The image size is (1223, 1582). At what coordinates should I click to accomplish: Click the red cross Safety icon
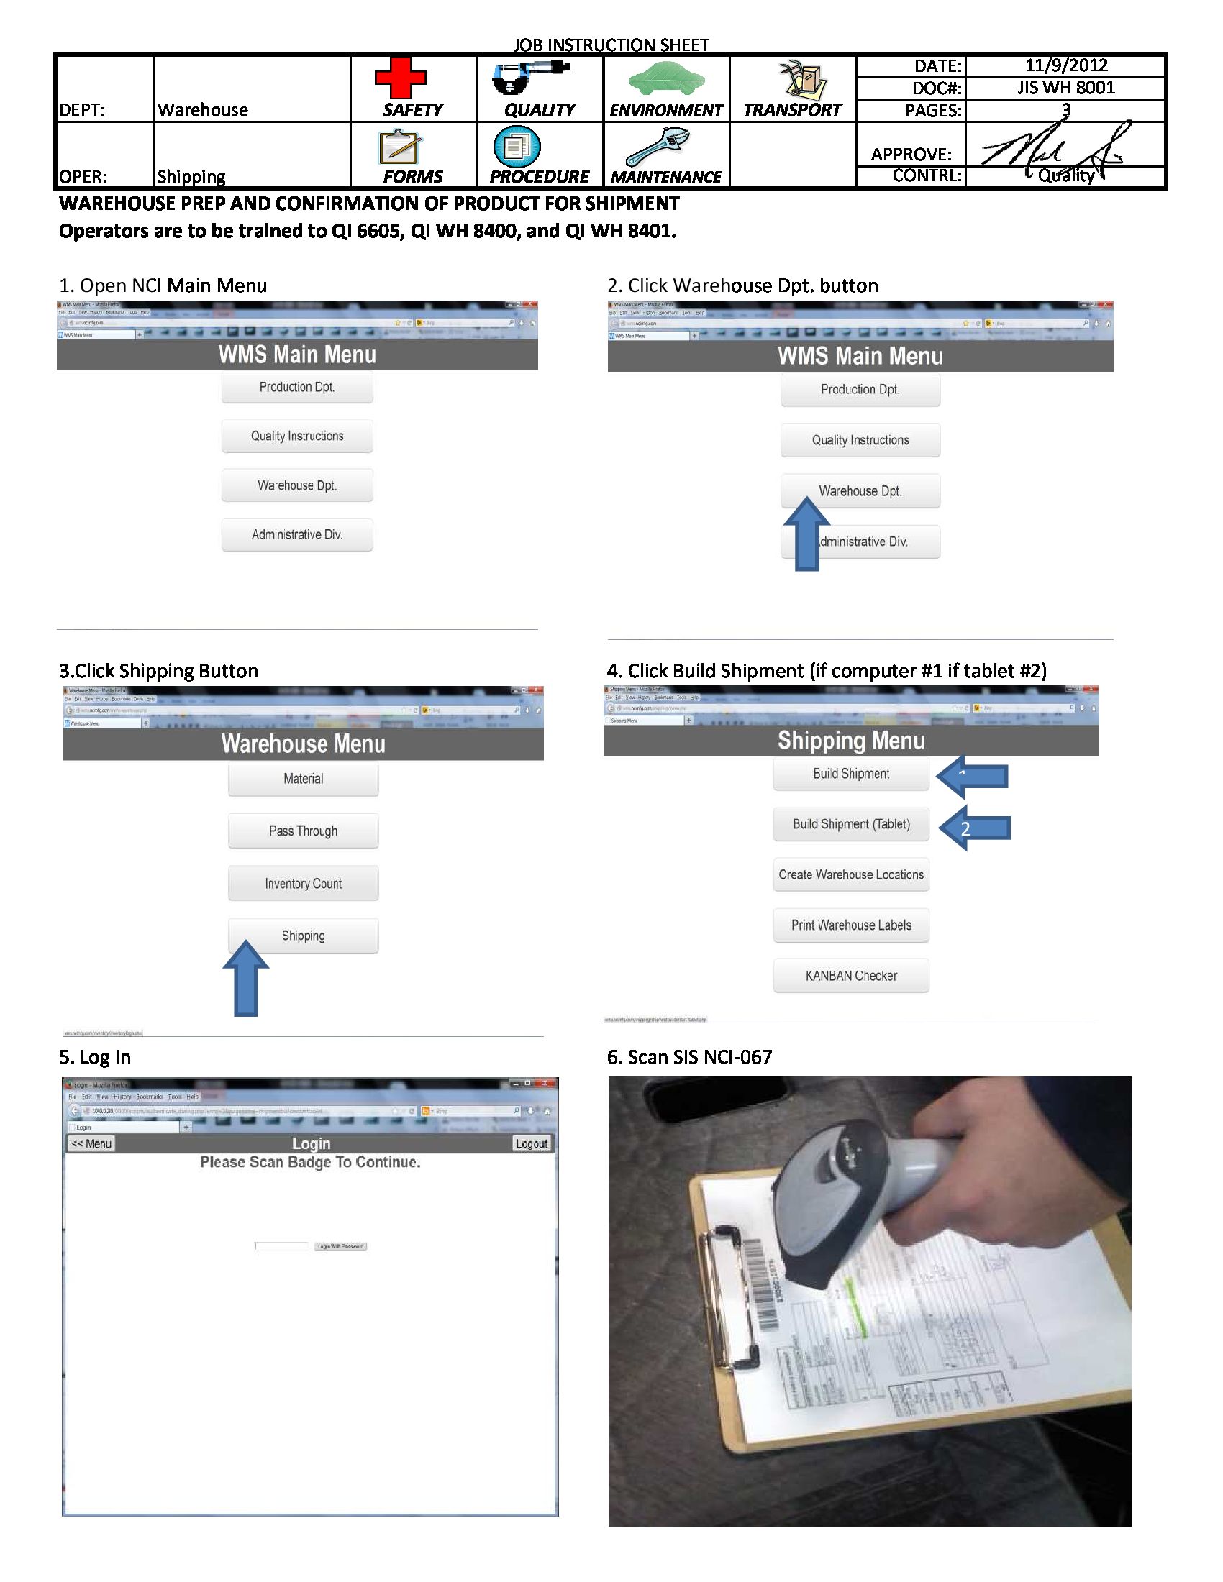(400, 78)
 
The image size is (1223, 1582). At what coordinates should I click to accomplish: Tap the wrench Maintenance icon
(658, 146)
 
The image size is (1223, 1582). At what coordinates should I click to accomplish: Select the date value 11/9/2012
(1065, 65)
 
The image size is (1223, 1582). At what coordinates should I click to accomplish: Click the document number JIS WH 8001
(1065, 88)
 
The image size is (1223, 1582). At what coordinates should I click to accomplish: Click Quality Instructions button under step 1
(297, 436)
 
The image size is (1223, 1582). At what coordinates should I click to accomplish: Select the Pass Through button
(303, 831)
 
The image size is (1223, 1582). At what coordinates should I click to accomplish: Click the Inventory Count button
(303, 884)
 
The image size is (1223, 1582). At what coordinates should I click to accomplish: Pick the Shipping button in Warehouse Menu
(303, 936)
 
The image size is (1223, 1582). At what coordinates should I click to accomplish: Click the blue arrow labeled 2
(975, 828)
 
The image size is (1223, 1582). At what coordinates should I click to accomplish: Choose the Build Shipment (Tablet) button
(850, 824)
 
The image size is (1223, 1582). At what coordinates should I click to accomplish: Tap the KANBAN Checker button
(850, 976)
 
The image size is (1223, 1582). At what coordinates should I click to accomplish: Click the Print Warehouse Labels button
(850, 925)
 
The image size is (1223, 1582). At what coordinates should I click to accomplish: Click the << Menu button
(91, 1144)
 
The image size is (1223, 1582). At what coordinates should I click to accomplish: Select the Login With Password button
(340, 1247)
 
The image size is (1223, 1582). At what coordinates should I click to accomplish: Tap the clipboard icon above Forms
(399, 147)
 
